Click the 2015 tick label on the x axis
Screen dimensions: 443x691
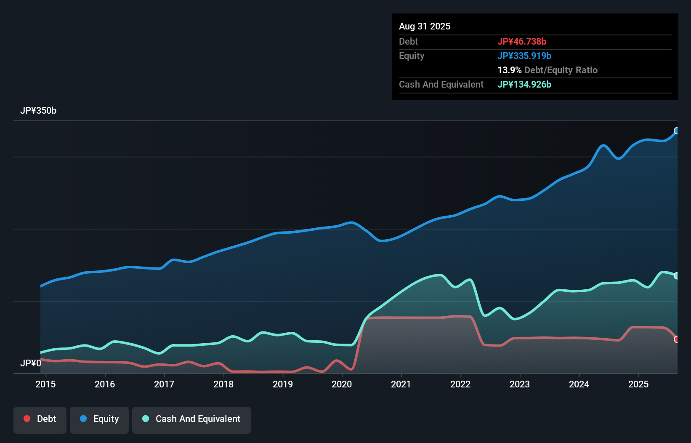click(45, 384)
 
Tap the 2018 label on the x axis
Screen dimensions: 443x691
click(223, 384)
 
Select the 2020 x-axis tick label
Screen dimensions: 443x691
click(342, 384)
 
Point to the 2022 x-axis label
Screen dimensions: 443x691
click(460, 384)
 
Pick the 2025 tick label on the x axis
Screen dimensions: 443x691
click(638, 384)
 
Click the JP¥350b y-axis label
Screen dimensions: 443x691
click(38, 111)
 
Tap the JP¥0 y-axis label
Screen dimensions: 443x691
click(31, 363)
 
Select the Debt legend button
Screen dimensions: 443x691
click(40, 419)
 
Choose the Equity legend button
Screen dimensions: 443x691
click(99, 419)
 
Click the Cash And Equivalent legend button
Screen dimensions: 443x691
click(191, 419)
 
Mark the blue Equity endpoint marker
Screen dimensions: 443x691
click(677, 131)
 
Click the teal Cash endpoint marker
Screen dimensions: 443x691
click(677, 276)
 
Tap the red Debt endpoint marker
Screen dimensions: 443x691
click(677, 339)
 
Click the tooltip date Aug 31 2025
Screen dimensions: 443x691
click(425, 26)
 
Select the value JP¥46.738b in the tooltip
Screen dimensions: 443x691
click(522, 41)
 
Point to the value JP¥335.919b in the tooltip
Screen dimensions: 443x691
click(524, 56)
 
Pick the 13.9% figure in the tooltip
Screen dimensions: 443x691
click(510, 70)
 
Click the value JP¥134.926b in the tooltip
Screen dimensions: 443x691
click(524, 84)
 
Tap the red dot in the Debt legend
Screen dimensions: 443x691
click(27, 419)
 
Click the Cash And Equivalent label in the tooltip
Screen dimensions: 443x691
click(441, 84)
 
